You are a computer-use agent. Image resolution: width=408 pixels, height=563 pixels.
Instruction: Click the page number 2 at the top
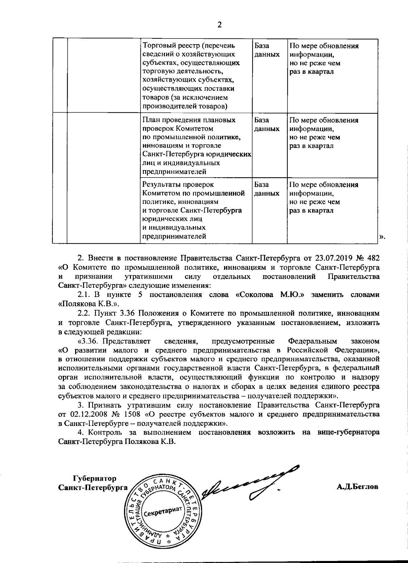[219, 25]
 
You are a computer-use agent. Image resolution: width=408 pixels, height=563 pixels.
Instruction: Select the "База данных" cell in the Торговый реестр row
[267, 50]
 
